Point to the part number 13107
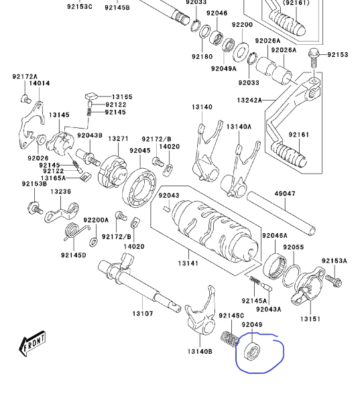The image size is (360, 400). click(x=142, y=313)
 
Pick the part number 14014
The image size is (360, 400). click(x=39, y=84)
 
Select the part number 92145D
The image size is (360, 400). click(x=73, y=255)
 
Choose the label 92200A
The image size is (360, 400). click(x=96, y=219)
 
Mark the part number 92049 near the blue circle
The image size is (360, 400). click(x=252, y=324)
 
